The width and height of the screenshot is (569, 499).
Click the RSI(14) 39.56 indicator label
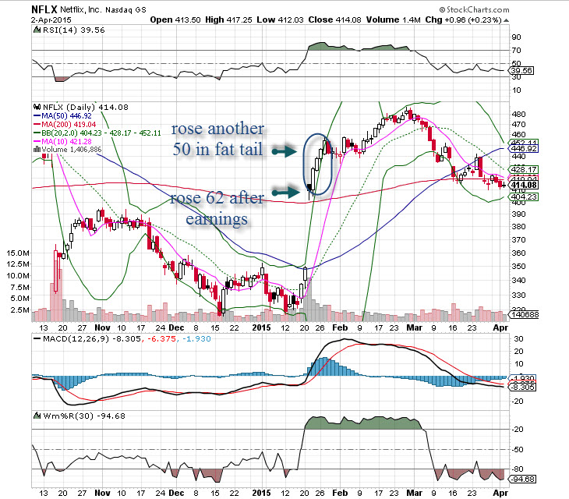click(69, 30)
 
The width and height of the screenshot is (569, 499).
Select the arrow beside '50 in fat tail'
click(285, 154)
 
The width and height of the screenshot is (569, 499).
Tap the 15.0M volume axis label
click(16, 254)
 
